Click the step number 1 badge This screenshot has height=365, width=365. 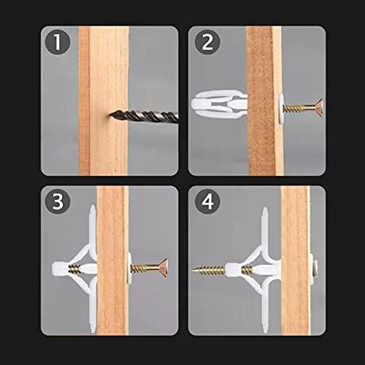[x=58, y=42]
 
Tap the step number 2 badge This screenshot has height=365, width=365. [x=207, y=42]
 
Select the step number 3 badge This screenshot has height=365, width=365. [x=58, y=201]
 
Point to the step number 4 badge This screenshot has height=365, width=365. [x=207, y=201]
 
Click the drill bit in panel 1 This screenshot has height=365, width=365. [x=144, y=116]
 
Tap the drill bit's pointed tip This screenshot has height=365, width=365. [x=109, y=114]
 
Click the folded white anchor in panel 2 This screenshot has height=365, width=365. [x=219, y=104]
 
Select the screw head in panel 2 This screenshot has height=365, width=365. [x=319, y=107]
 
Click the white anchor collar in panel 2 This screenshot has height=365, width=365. [x=281, y=108]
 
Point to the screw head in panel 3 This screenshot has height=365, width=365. [x=164, y=268]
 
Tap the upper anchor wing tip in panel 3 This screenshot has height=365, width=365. [x=93, y=207]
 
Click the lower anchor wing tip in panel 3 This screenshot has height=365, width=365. [x=93, y=331]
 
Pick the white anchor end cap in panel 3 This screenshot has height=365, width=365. [x=58, y=269]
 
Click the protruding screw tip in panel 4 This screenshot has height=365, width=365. [x=192, y=269]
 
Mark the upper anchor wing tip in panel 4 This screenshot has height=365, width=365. [x=265, y=209]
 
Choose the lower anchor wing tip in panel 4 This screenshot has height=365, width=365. [x=265, y=331]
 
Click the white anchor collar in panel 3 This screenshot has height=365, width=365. [x=129, y=269]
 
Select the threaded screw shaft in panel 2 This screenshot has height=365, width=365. [x=299, y=108]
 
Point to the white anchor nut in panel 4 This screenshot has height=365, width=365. [x=233, y=269]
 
